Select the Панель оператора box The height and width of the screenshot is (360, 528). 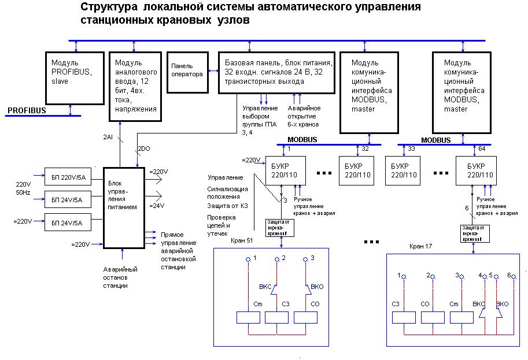point(187,72)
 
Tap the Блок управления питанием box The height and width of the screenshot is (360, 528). point(123,209)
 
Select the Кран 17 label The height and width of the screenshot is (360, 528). point(421,246)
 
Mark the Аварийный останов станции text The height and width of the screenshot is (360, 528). point(120,277)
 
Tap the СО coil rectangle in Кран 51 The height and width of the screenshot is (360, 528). point(305,317)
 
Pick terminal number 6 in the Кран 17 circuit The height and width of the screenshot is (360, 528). point(508,276)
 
